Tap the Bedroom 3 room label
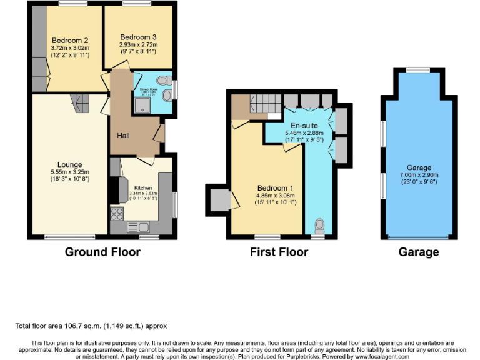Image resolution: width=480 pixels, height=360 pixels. (x=139, y=36)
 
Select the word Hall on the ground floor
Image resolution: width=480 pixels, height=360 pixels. (x=123, y=135)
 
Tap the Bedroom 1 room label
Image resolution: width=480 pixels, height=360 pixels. (x=279, y=187)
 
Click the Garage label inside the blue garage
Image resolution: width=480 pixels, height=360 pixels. (x=419, y=168)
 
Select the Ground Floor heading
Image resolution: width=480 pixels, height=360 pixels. (x=102, y=252)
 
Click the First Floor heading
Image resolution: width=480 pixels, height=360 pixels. (x=279, y=252)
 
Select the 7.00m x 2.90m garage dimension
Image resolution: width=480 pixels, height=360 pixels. (x=419, y=176)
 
